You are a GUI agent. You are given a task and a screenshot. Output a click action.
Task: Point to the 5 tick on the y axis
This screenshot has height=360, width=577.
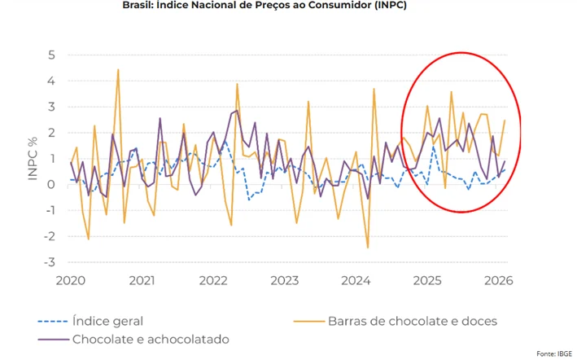(x=50, y=55)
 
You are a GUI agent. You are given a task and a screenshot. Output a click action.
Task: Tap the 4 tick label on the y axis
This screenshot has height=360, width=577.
(x=50, y=81)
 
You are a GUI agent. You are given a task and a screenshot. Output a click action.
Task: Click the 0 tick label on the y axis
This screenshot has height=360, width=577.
(x=50, y=184)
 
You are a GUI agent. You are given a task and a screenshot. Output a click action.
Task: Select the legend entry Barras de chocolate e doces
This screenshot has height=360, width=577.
(x=413, y=321)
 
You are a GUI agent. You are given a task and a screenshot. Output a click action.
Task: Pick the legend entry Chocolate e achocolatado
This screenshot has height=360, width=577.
(x=151, y=339)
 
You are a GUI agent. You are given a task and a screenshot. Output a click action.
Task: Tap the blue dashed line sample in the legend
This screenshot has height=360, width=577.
(x=53, y=321)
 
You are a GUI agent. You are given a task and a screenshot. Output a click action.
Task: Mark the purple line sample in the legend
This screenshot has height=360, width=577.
(x=53, y=339)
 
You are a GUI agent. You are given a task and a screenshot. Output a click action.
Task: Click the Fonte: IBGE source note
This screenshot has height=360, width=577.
(x=553, y=353)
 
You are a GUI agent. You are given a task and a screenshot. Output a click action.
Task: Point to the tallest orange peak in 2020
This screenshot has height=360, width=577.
(x=118, y=70)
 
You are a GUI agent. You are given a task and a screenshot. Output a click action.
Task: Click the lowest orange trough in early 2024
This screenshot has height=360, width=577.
(x=367, y=247)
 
